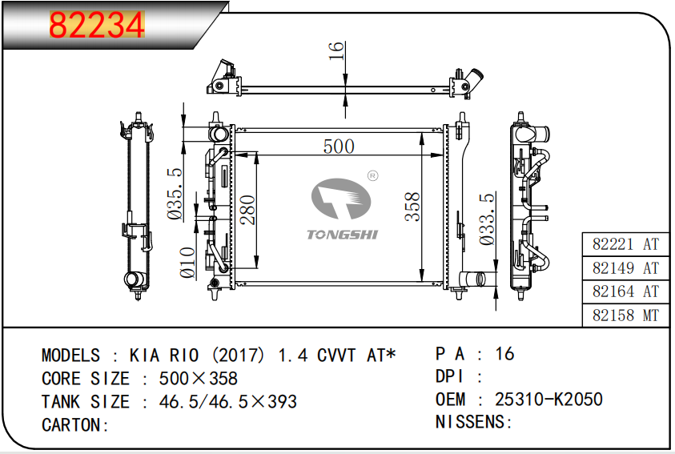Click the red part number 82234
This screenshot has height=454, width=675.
coord(97,25)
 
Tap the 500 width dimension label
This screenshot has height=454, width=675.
coord(339,147)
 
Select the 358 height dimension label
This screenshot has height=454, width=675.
coord(412,207)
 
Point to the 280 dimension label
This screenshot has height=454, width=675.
coord(248,210)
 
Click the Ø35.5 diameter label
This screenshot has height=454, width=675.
coord(175,194)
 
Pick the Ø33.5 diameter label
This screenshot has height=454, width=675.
coord(487,219)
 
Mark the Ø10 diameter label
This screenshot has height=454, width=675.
coord(187,262)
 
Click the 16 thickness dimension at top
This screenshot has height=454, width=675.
coord(335,50)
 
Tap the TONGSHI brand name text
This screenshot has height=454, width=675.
coord(342,235)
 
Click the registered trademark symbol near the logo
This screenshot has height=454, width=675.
coord(373,175)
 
